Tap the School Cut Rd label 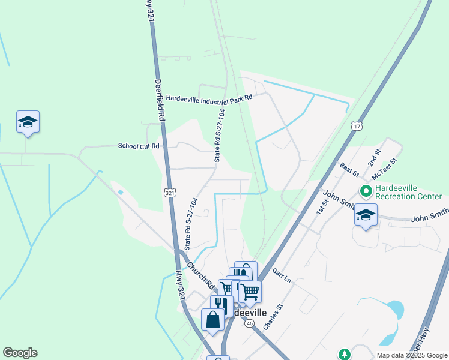[139, 146]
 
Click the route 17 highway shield [357, 127]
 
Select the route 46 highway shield [248, 323]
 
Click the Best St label [349, 170]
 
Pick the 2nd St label [374, 158]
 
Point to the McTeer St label [385, 169]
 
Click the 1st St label [323, 207]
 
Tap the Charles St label [272, 317]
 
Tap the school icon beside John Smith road [366, 215]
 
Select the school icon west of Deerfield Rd [28, 122]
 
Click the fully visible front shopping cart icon [250, 292]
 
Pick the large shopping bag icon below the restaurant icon [213, 319]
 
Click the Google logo [20, 353]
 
